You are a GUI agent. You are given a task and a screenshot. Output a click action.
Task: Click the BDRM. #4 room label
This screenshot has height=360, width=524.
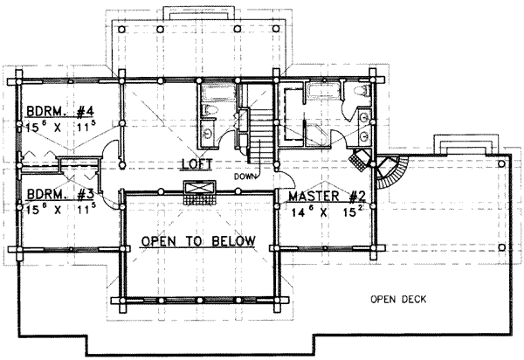point(59,112)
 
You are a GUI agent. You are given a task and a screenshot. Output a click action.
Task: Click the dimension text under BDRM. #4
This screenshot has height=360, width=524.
point(59,128)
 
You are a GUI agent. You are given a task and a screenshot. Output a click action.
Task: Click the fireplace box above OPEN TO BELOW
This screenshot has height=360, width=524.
point(199,190)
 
